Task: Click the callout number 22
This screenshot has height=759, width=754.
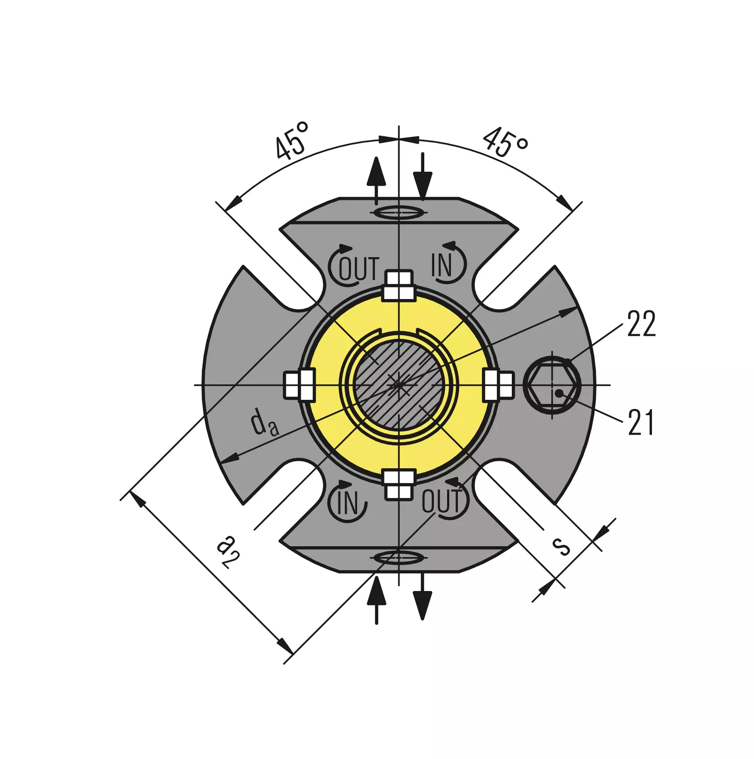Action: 641,323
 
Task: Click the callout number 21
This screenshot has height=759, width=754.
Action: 641,422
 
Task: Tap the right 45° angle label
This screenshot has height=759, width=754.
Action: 506,143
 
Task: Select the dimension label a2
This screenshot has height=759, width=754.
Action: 228,551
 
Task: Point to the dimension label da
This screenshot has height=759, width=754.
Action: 264,422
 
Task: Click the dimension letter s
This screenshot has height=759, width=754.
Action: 562,547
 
